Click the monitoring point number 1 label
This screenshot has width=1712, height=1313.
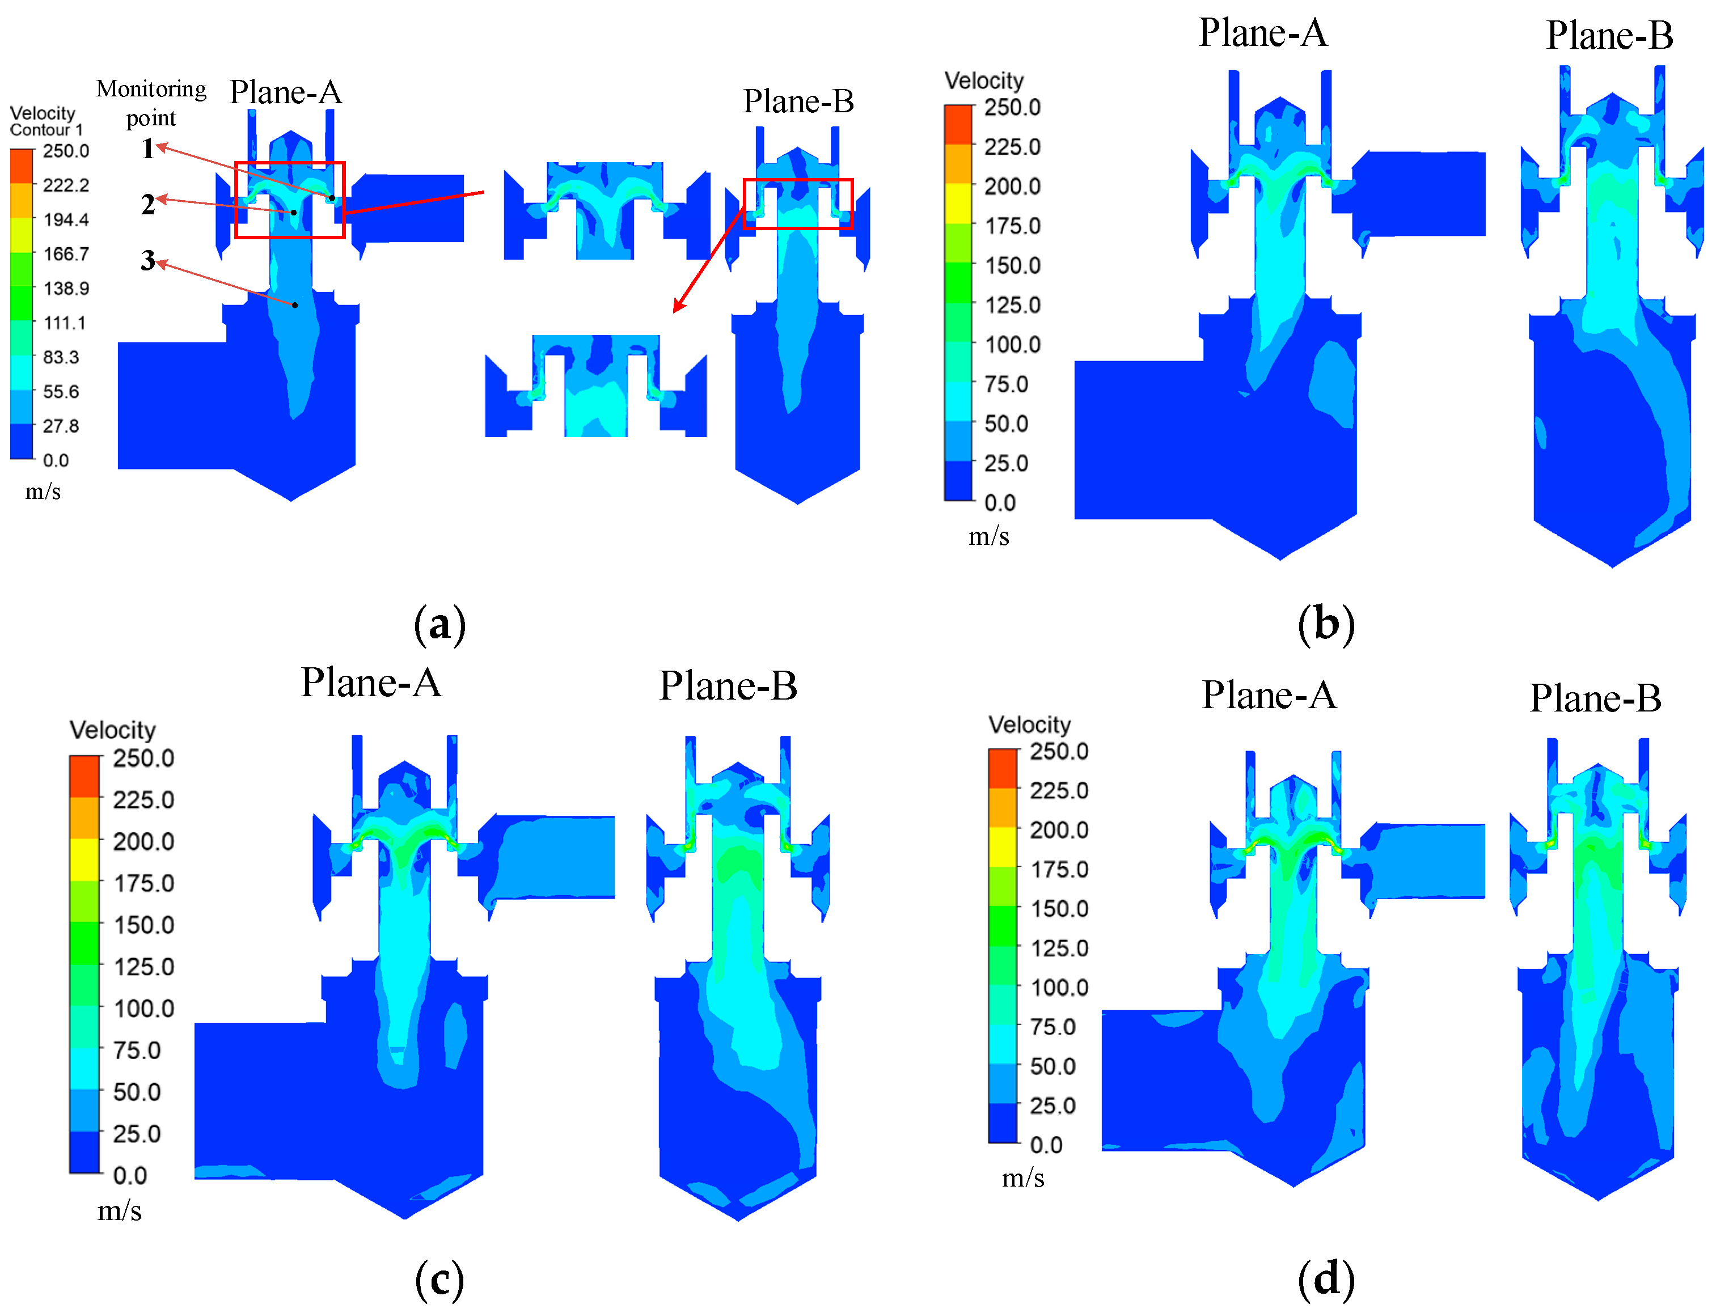(148, 149)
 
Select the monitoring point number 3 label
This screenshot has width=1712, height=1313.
(148, 260)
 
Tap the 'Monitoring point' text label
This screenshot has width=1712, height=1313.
(151, 103)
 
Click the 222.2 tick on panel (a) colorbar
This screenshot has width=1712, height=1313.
(66, 185)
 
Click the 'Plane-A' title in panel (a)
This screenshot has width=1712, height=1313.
(286, 92)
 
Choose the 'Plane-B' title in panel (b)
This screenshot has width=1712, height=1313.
(1609, 35)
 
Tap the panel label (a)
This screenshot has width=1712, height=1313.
(439, 624)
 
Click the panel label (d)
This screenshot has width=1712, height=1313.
(1326, 1278)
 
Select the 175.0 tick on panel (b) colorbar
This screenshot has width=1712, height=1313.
(1012, 226)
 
